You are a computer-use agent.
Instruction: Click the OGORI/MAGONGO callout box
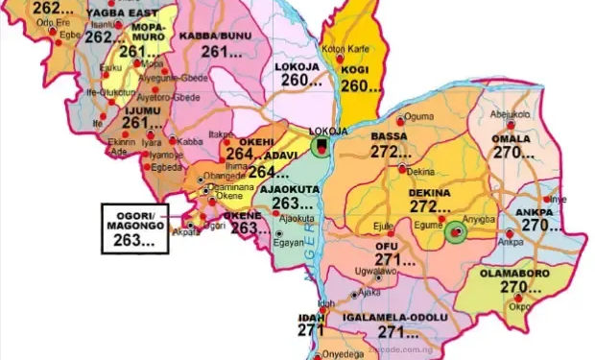tap(134, 228)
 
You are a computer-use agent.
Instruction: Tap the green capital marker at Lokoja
tap(322, 146)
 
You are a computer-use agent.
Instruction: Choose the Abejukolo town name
tap(511, 114)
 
